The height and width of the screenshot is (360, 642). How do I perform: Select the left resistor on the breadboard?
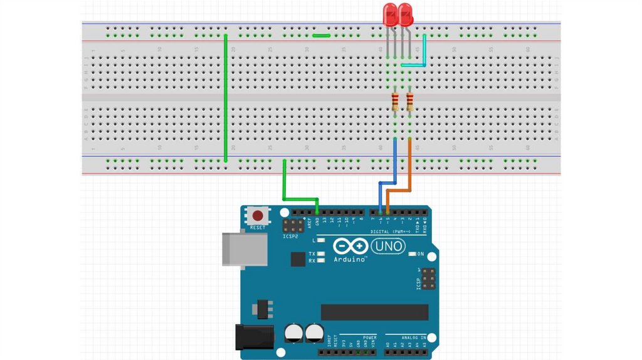(395, 101)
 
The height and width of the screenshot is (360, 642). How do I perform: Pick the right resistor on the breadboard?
(410, 101)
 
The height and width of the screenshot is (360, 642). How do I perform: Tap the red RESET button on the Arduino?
(257, 216)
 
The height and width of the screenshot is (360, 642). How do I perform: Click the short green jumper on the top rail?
(322, 36)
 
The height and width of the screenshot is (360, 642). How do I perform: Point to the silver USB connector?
(243, 248)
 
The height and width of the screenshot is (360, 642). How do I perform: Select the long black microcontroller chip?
(374, 312)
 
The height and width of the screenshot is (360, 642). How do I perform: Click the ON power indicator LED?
(413, 255)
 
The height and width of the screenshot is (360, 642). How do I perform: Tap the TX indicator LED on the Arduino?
(320, 254)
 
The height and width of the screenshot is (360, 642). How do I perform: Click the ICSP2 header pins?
(293, 225)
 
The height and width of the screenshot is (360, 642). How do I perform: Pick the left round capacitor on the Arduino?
(293, 332)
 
